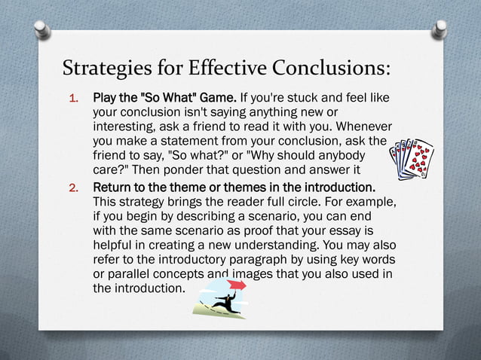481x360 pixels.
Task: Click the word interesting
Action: click(124, 127)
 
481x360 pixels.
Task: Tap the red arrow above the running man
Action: click(237, 285)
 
